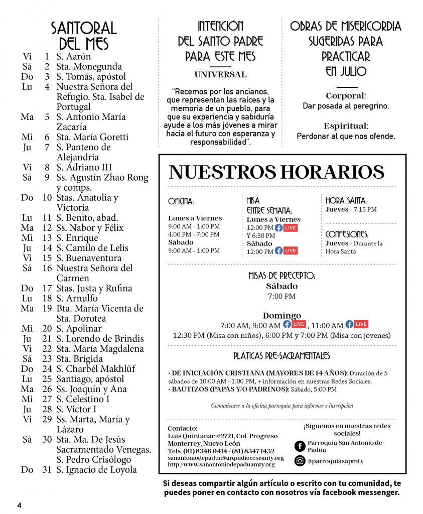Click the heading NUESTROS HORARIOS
point(276,172)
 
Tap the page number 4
point(19,504)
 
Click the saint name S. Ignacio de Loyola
point(96,470)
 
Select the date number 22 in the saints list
point(47,349)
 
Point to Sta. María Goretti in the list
point(92,137)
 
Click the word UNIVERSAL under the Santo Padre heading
point(220,75)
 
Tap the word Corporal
point(346,96)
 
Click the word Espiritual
point(346,126)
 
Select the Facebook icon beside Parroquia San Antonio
point(300,446)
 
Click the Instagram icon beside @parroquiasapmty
point(300,460)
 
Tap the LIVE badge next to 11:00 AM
point(361,324)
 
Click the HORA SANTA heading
point(346,200)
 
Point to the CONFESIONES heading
point(347,234)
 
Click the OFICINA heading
point(181,202)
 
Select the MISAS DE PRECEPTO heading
point(281,276)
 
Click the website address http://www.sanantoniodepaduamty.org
point(221,464)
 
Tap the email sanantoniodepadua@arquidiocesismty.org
point(226,458)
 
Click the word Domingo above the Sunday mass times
point(281,316)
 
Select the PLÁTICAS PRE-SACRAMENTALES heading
point(281,356)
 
